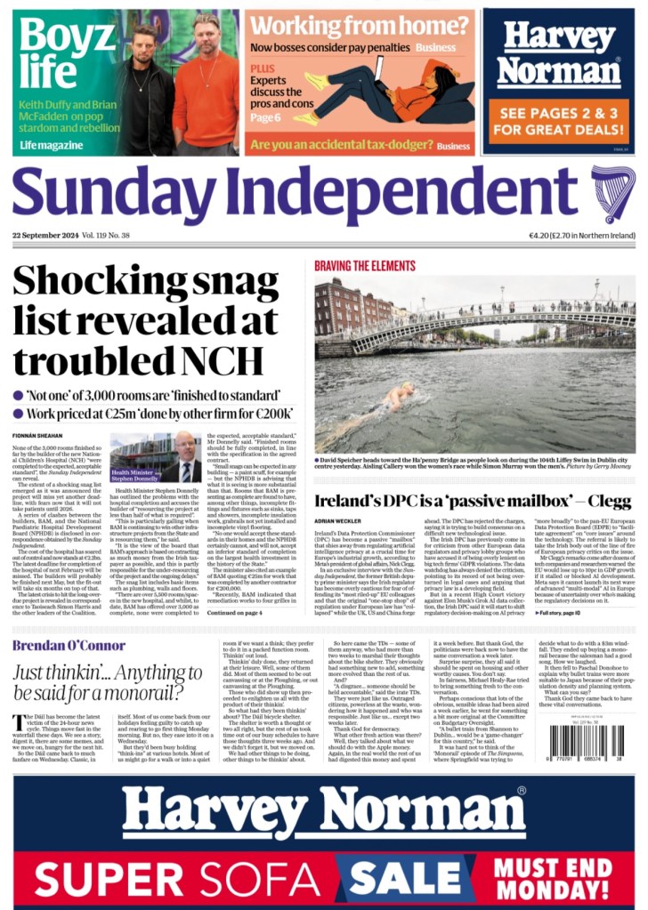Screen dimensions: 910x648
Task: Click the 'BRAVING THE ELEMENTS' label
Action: coord(366,264)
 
